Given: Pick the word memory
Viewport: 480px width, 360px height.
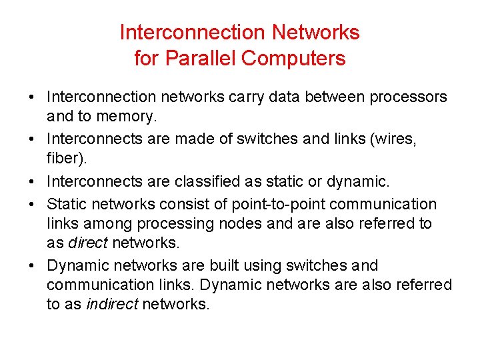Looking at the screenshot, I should click(x=129, y=117).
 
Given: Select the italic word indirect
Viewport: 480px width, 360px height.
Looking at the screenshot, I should click(x=113, y=305).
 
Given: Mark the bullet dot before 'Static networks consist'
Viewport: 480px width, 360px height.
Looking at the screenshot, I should click(x=31, y=204).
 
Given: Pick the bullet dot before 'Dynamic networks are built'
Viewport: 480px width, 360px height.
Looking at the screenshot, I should click(x=31, y=265).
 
